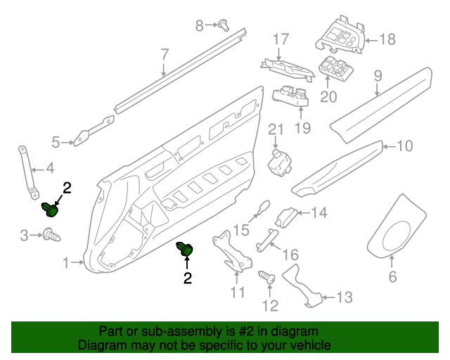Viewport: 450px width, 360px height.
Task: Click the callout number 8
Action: coord(200,26)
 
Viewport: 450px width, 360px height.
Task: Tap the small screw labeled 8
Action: coord(224,25)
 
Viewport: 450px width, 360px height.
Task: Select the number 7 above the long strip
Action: coord(165,54)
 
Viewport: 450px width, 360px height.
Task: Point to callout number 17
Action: coord(281,39)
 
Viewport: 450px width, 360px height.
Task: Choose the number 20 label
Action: coord(328,97)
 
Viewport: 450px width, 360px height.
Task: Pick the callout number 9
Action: coord(378,75)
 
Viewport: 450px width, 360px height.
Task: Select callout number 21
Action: coord(275,129)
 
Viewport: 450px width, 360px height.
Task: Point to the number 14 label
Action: coord(319,212)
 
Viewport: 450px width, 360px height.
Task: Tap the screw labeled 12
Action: coord(266,278)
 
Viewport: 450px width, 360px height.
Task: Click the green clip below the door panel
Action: coord(186,250)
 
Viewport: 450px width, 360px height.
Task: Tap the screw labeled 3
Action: coord(51,234)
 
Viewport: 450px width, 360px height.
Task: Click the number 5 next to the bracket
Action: coord(56,143)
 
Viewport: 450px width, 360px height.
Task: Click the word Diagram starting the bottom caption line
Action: coord(99,346)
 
